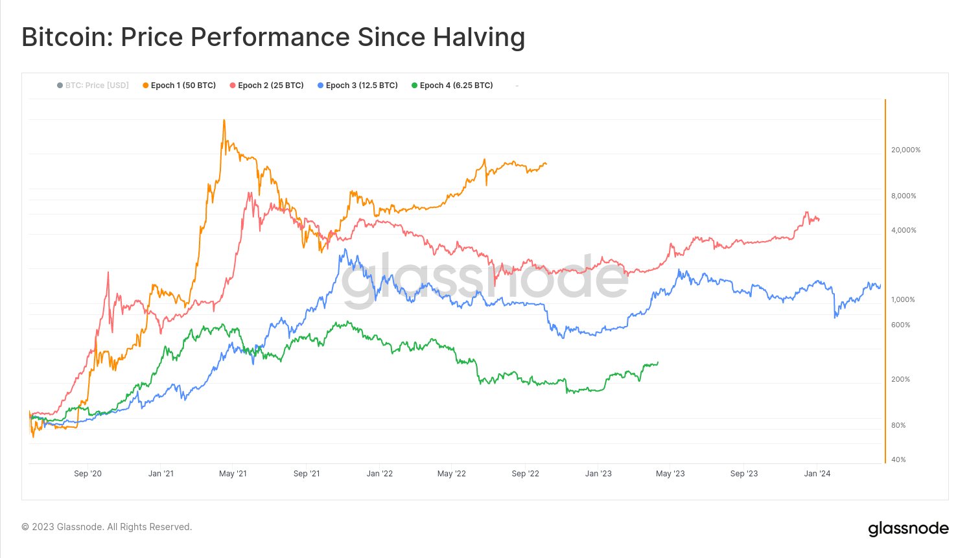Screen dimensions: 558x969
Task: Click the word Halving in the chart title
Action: coord(479,38)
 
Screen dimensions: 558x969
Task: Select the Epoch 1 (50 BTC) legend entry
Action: coord(179,86)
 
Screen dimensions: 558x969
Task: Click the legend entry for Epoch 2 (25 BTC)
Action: coord(266,86)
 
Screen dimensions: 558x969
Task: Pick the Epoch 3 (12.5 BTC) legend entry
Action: coord(357,86)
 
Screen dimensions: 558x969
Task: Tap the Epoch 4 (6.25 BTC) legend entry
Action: coord(452,86)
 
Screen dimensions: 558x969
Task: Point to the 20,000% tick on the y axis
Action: coord(905,150)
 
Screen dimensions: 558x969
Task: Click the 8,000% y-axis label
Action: coord(904,196)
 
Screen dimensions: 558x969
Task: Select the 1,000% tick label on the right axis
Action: coord(903,299)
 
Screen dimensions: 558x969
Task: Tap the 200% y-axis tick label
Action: coord(900,379)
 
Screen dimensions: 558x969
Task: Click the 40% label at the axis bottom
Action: coord(898,459)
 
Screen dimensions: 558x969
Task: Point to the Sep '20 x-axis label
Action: coord(88,474)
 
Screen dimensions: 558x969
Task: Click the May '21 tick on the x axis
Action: coord(233,474)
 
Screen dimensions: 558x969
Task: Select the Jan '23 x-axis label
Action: coord(598,474)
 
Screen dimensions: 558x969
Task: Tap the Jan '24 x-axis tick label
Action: coord(817,474)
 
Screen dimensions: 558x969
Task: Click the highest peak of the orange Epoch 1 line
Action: coord(224,121)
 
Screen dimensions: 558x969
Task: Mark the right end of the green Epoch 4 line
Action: coord(658,362)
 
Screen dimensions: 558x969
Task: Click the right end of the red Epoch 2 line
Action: coord(819,220)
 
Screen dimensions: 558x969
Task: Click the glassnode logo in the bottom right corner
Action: coord(908,529)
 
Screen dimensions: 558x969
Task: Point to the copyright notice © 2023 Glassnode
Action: coord(107,527)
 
